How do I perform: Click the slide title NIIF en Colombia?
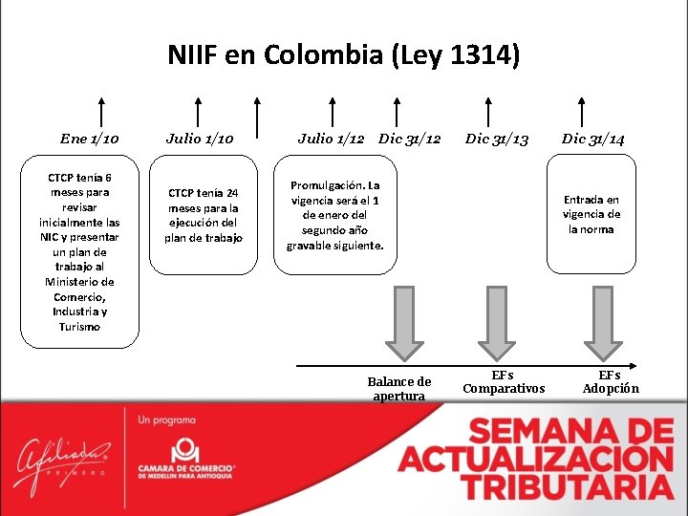coord(344,54)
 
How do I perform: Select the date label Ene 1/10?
coord(90,139)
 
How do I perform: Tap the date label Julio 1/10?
coord(200,139)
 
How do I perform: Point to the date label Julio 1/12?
coord(331,139)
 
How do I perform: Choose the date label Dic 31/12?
coord(410,139)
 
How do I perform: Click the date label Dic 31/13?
coord(497,139)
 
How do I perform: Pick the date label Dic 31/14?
coord(593,139)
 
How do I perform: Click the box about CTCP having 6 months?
coord(80,252)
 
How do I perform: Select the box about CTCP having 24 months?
coord(204,215)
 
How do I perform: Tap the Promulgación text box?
coord(335,215)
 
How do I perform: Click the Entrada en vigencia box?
coord(591,214)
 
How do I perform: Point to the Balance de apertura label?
coord(399,388)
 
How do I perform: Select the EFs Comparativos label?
coord(504,381)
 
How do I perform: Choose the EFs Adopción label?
coord(611,381)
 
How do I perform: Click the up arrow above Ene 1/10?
coord(101,111)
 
